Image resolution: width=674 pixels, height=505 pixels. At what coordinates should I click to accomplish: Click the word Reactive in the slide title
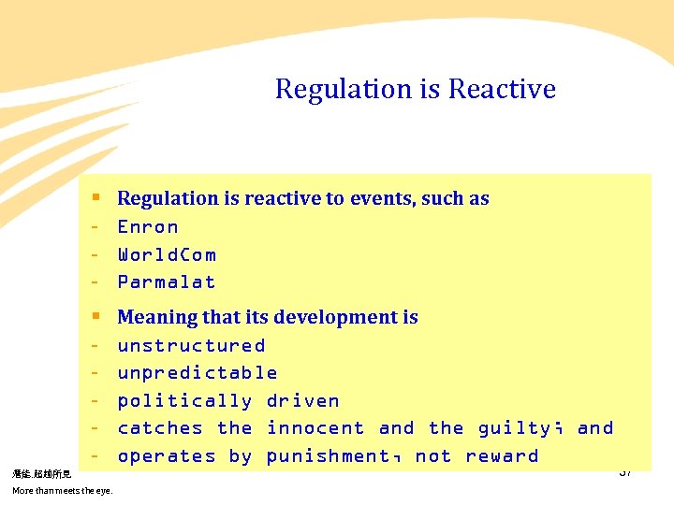(x=502, y=89)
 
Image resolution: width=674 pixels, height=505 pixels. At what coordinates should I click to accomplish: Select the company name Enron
(x=147, y=226)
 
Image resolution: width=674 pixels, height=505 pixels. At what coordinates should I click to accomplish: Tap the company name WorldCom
(x=166, y=254)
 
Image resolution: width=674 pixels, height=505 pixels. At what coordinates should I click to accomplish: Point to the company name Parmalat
(x=166, y=281)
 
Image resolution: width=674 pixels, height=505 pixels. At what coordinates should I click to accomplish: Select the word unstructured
(x=191, y=345)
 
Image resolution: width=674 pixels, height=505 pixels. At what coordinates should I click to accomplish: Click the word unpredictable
(x=197, y=372)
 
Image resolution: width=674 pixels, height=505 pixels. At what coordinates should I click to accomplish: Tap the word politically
(x=184, y=400)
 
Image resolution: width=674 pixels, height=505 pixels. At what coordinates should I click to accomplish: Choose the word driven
(x=302, y=400)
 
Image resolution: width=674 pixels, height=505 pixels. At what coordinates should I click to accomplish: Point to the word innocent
(x=315, y=428)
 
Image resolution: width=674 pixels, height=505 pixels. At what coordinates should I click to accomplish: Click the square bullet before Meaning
(x=95, y=317)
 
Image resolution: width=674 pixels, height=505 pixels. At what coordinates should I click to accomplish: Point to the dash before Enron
(x=95, y=226)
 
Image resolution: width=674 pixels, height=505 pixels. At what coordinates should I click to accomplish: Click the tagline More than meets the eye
(x=62, y=491)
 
